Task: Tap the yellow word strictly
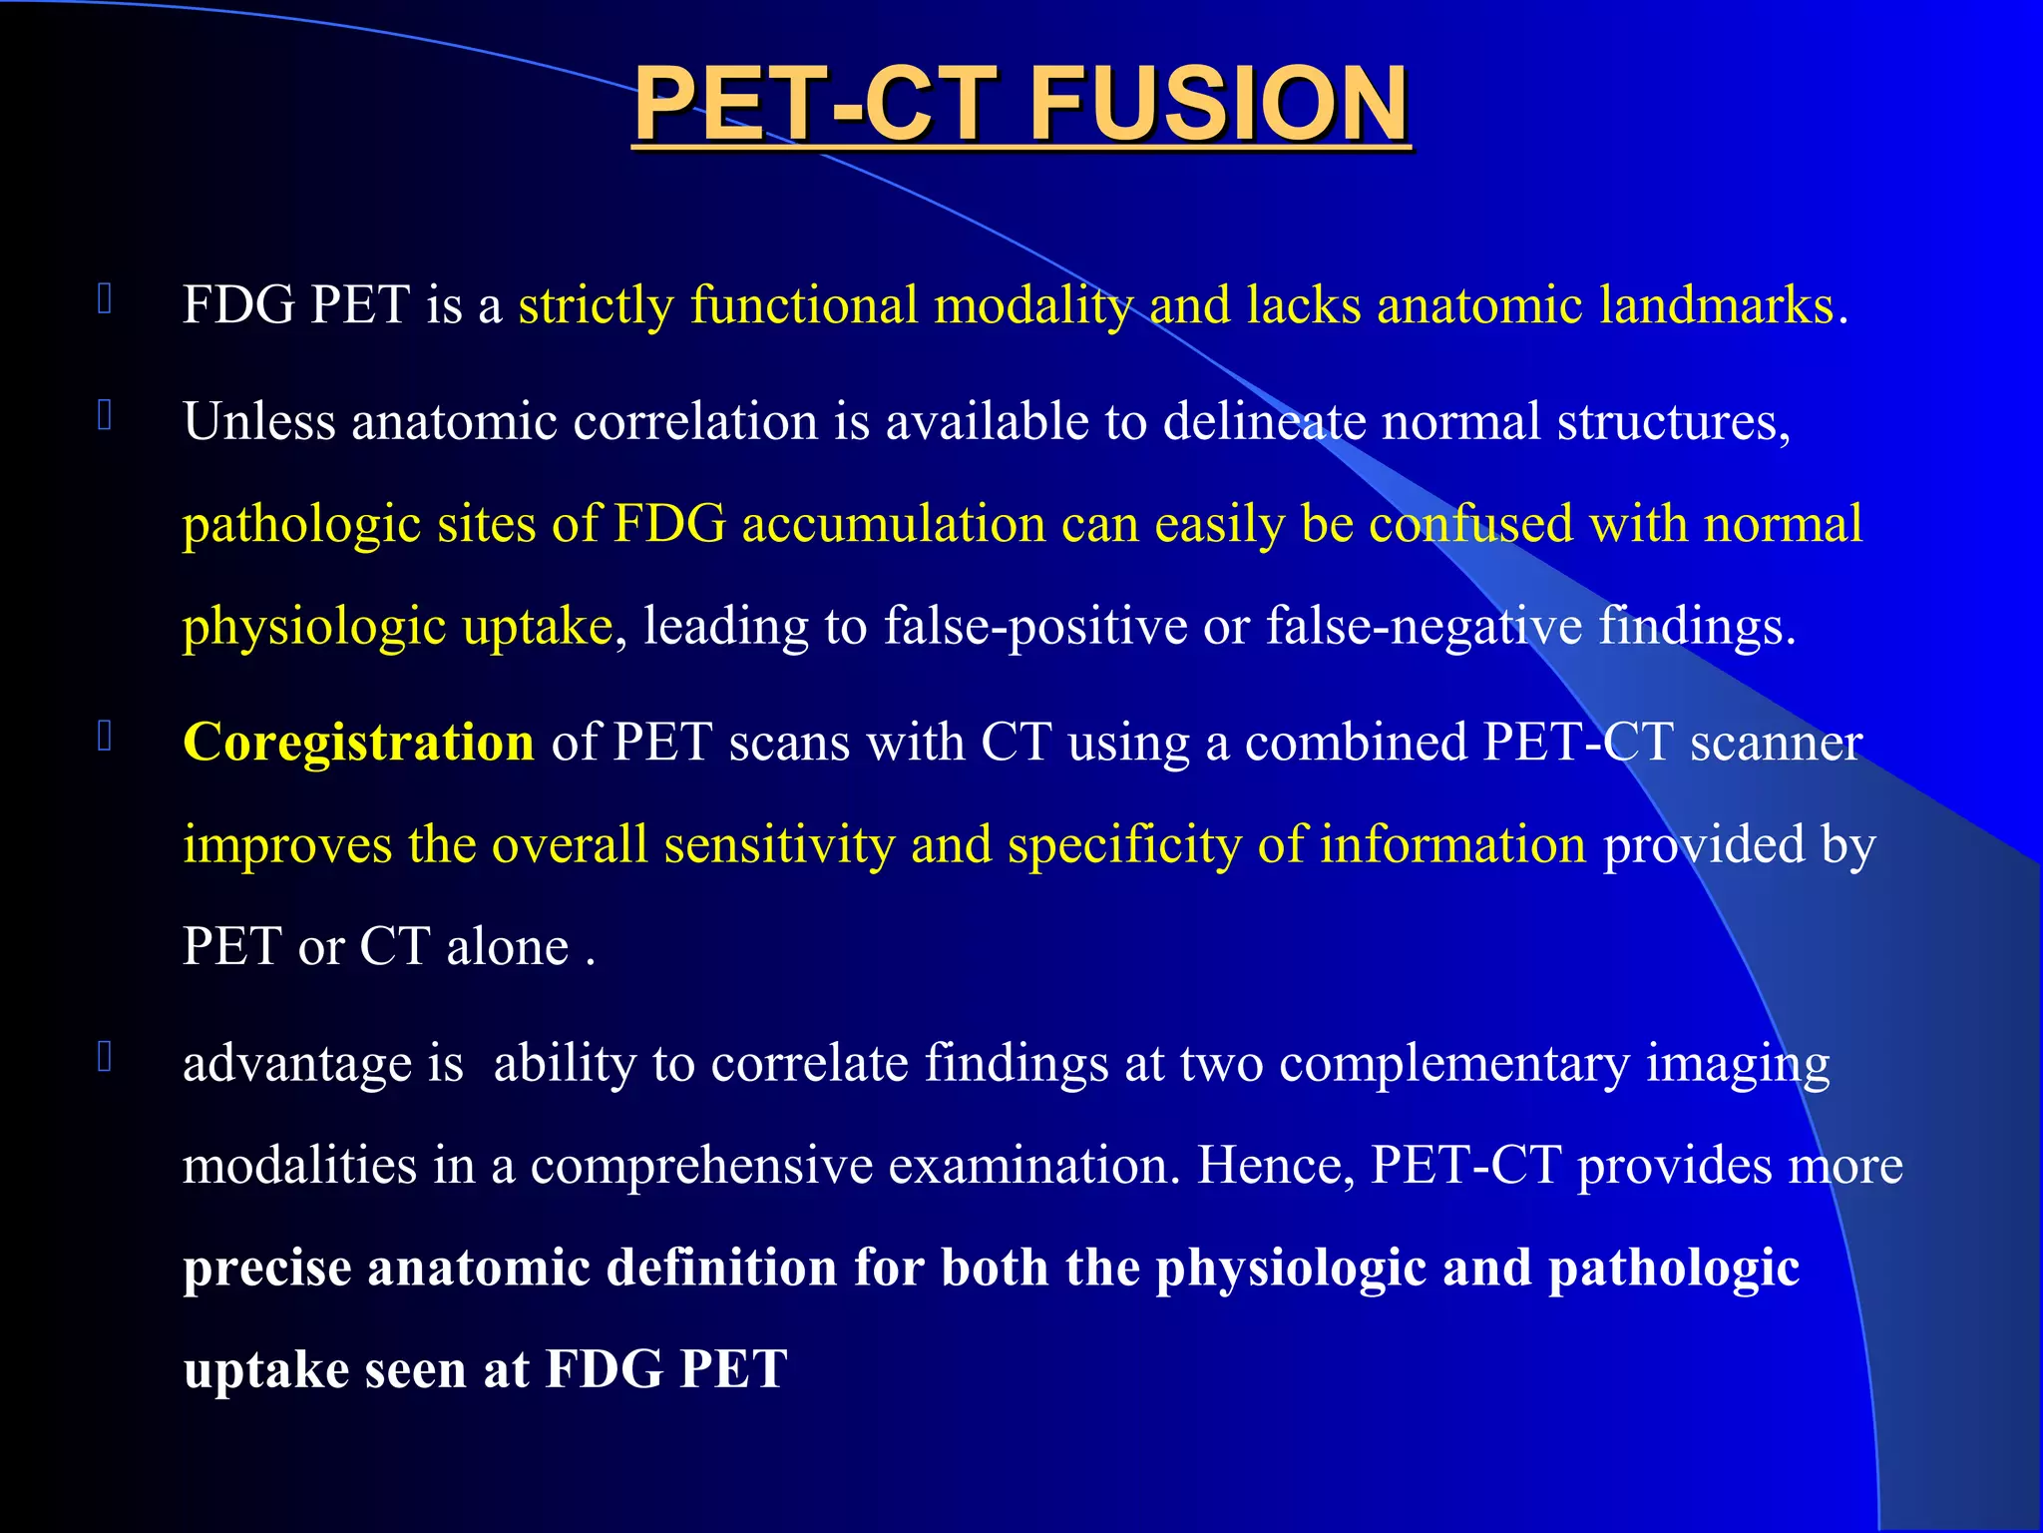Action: (596, 305)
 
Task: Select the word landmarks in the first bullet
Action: (1716, 305)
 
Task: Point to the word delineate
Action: (1264, 421)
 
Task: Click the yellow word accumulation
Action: (940, 524)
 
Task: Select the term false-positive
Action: (1035, 627)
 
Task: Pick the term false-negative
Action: (1424, 627)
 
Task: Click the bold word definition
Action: (721, 1268)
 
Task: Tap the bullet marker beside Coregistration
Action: (105, 737)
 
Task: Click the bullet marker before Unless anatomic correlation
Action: (105, 415)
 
